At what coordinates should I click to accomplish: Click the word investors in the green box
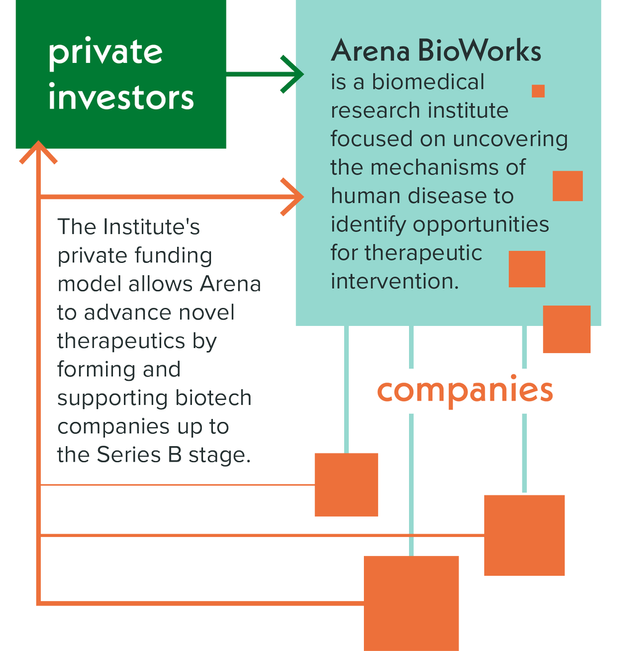pos(121,96)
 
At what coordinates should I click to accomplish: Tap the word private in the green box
pos(106,52)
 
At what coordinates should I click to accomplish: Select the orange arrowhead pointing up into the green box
pos(38,152)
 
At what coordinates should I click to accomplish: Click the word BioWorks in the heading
pos(479,51)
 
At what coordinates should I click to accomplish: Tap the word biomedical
pos(428,82)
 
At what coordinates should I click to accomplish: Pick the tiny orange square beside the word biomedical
pos(538,91)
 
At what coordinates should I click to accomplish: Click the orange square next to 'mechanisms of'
pos(568,186)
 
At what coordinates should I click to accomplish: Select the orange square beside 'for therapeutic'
pos(527,269)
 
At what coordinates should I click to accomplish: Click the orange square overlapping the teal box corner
pos(567,330)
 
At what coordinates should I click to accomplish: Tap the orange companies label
pos(465,391)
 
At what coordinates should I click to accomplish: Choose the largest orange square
pos(412,603)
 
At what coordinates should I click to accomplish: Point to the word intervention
pos(394,281)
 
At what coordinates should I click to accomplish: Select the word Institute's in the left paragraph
pos(152,226)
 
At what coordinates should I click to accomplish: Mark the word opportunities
pos(481,225)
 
